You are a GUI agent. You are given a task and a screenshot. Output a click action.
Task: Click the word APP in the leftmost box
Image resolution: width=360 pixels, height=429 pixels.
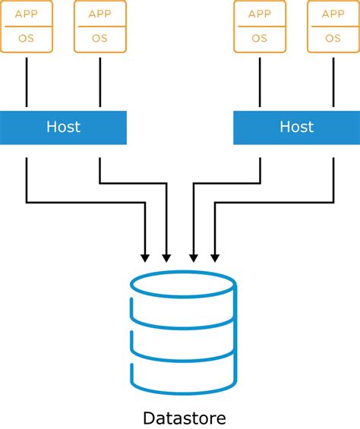point(26,14)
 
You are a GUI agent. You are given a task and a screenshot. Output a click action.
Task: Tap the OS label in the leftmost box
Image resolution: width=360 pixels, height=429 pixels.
point(26,38)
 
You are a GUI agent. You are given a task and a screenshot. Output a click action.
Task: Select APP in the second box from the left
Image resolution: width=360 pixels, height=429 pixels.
point(99,14)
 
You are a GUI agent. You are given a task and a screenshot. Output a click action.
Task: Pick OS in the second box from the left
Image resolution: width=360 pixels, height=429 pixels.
point(99,38)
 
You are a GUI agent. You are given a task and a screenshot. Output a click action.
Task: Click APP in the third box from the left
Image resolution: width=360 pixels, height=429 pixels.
point(260,14)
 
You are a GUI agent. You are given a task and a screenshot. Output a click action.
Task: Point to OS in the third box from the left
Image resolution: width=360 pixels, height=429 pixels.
point(260,38)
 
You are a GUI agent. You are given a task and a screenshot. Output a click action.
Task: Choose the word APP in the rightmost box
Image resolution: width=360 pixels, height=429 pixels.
point(333,14)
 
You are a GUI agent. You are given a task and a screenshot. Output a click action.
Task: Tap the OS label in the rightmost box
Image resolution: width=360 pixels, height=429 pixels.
point(333,38)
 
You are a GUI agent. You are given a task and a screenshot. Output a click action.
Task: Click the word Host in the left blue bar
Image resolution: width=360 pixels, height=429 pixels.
point(63,127)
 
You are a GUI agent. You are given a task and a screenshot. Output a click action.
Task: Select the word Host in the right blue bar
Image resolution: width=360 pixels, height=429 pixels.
point(296,127)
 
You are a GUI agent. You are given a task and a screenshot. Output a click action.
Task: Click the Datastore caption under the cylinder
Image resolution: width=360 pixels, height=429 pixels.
point(184,418)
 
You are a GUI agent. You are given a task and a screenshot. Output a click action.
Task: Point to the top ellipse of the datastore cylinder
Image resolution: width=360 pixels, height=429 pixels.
point(183,284)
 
